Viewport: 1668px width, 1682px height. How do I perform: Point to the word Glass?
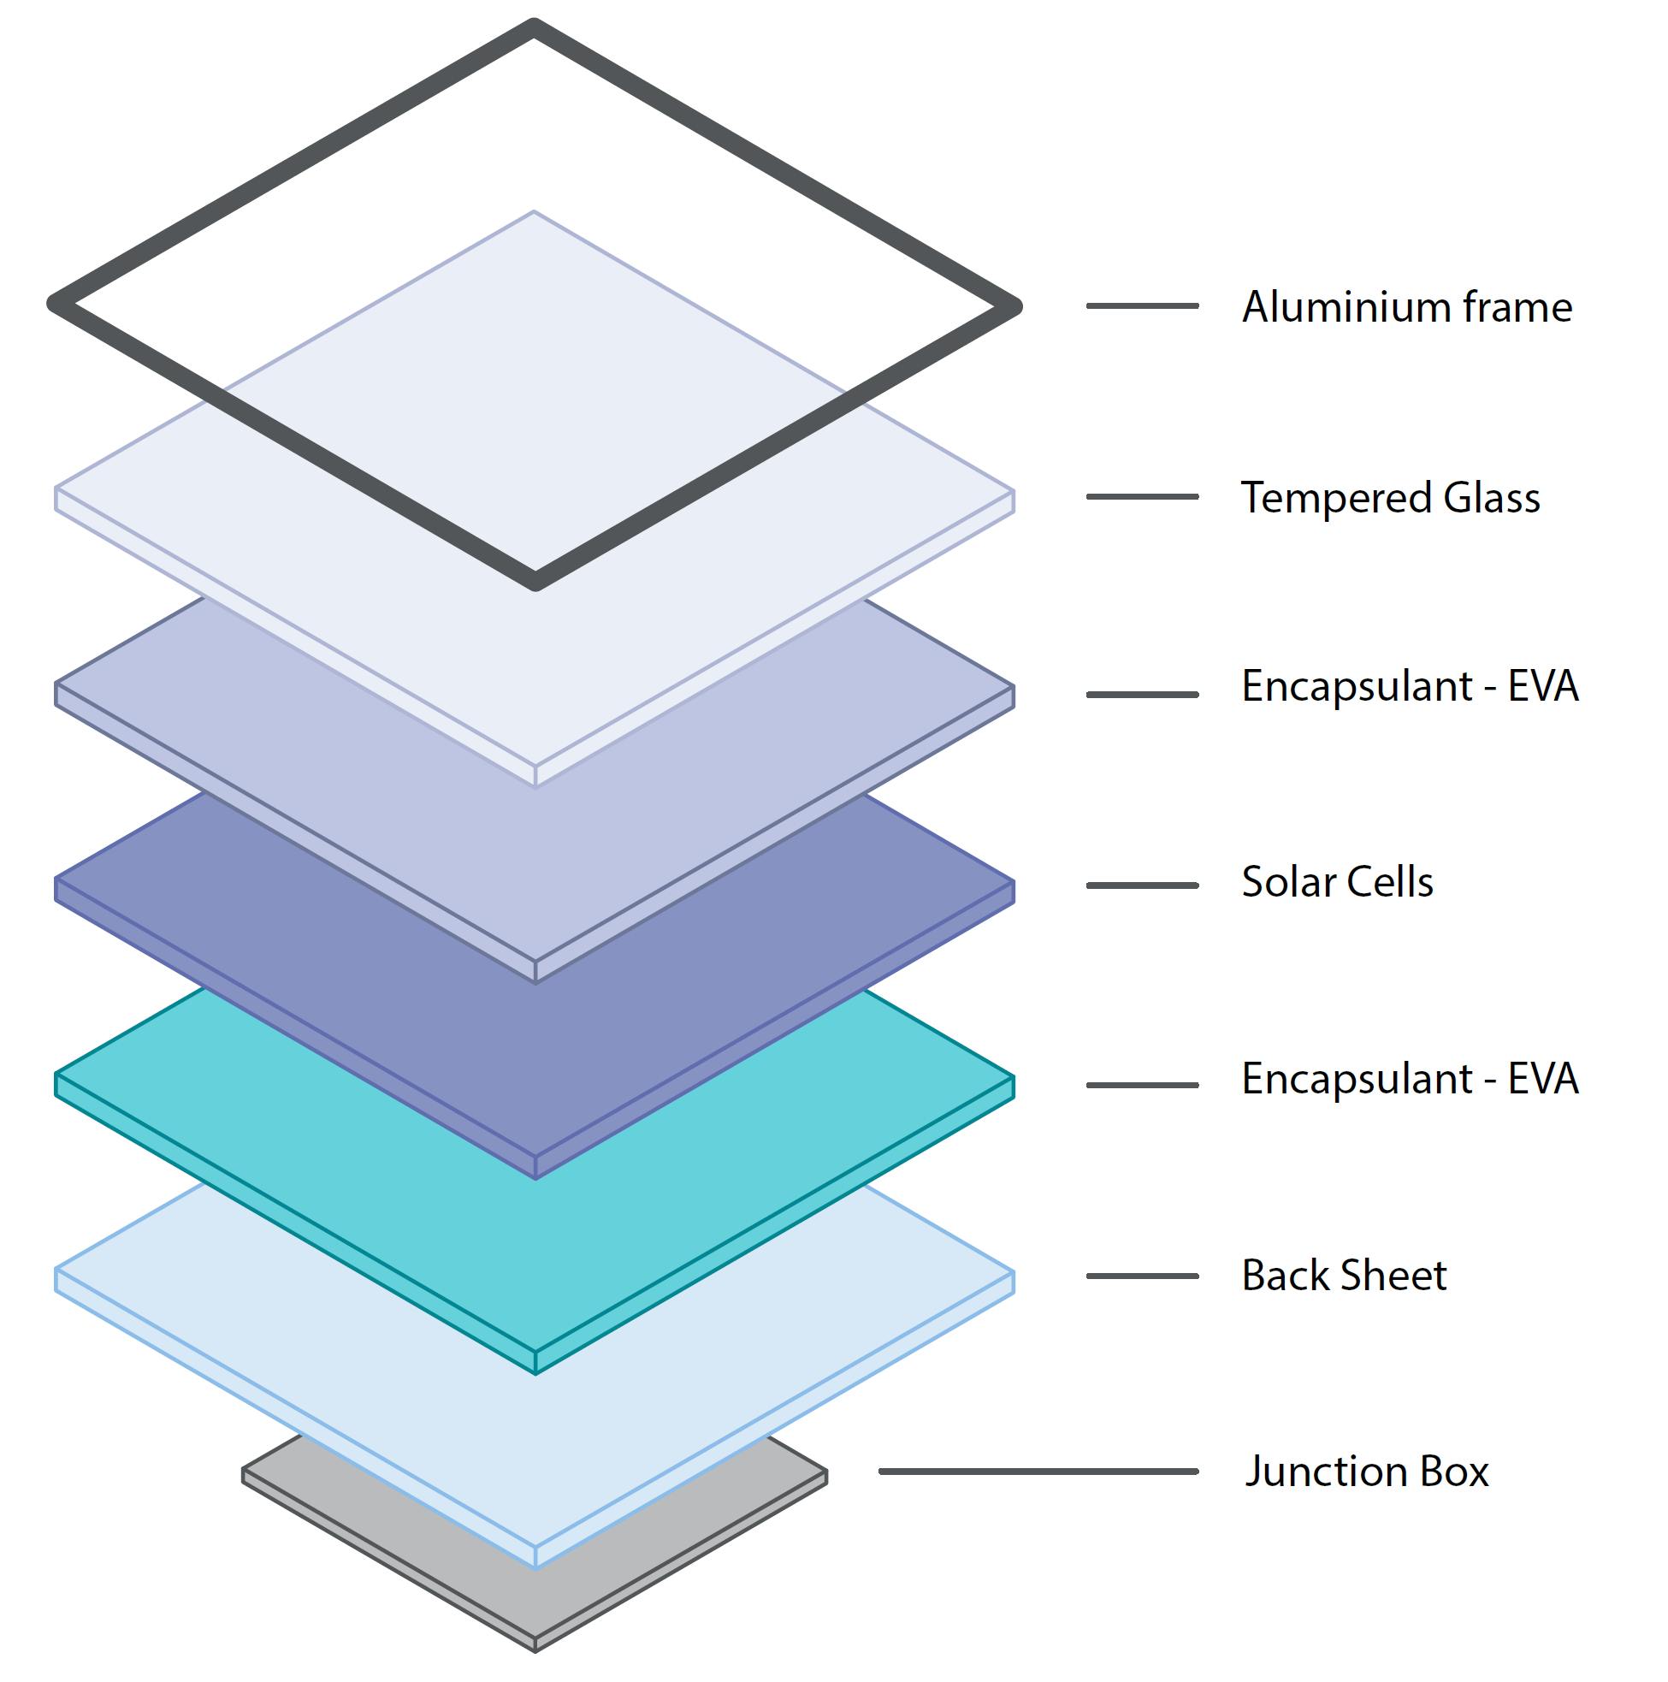tap(1491, 498)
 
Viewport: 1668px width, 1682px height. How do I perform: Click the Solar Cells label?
tap(1336, 882)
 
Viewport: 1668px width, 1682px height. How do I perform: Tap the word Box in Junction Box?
tap(1454, 1472)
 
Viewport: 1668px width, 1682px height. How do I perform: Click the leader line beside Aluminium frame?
tap(1141, 305)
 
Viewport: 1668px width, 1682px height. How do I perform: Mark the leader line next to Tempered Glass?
tap(1141, 496)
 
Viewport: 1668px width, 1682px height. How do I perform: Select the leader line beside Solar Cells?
tap(1141, 885)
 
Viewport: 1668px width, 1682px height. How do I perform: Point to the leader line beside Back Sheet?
tap(1141, 1276)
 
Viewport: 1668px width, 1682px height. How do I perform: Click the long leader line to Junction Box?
tap(1038, 1472)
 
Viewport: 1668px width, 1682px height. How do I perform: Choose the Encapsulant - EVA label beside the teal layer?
tap(1409, 1080)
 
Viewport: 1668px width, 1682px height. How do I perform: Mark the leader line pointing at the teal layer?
tap(1141, 1085)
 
